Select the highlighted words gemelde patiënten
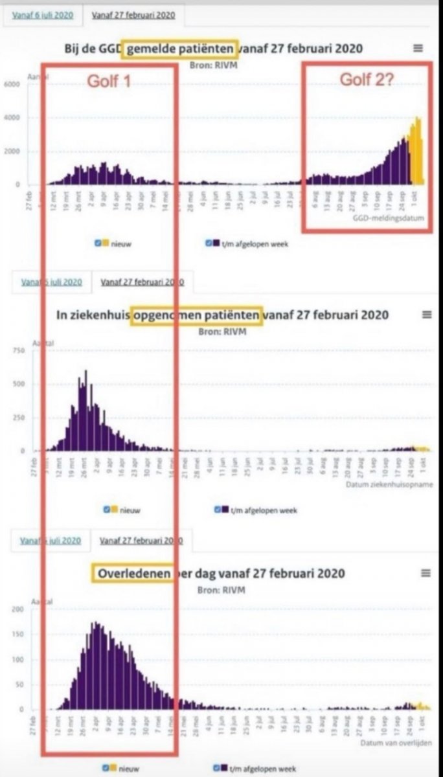(181, 49)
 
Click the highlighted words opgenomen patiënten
(197, 315)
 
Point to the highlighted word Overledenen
(133, 573)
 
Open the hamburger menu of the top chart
(418, 48)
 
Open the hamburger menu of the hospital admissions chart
(426, 315)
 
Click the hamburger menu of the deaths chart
(426, 573)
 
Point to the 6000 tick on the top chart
(12, 84)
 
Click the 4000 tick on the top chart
(12, 118)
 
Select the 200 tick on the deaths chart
(17, 610)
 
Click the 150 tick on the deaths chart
(17, 635)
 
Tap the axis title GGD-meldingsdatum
(388, 219)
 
